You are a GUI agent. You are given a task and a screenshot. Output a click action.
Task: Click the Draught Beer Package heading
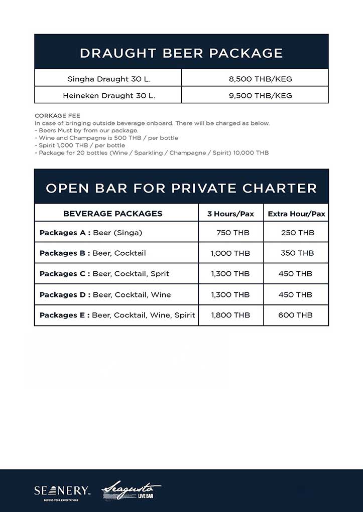tap(181, 53)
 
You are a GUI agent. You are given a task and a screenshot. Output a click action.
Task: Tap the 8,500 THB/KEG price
tap(260, 79)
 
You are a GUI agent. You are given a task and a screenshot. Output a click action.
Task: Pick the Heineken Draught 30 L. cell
tap(109, 95)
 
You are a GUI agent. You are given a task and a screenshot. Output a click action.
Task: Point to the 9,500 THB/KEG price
tap(260, 95)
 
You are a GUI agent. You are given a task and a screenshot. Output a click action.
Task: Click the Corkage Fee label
tap(57, 116)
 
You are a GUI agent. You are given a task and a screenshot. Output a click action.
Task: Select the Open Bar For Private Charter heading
tap(181, 188)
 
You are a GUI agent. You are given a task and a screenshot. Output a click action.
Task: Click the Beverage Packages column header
tap(112, 214)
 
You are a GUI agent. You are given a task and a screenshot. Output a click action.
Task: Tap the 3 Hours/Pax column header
tap(230, 214)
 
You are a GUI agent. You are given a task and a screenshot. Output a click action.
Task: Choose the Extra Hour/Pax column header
tap(296, 214)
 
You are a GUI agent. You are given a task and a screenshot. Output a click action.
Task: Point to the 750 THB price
tap(232, 233)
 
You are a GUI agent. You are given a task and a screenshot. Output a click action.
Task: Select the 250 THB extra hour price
tap(297, 233)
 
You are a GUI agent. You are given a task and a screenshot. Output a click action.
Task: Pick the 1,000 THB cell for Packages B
tap(230, 253)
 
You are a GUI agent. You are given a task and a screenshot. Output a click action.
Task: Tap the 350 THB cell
tap(297, 253)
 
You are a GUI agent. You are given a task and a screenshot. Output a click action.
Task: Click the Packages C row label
tap(104, 274)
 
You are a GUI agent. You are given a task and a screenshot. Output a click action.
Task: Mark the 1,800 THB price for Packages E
tap(230, 315)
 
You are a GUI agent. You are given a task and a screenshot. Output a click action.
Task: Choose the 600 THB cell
tap(295, 315)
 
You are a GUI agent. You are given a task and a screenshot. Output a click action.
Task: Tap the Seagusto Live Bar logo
tap(131, 490)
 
